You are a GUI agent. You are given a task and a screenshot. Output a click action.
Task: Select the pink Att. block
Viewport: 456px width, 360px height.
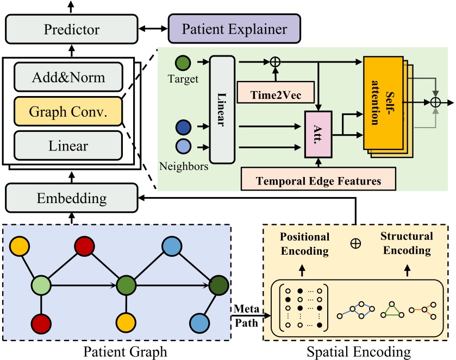click(318, 134)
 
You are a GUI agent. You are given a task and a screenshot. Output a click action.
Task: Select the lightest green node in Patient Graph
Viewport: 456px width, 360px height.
click(41, 285)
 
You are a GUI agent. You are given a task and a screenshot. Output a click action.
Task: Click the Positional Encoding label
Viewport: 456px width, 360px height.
click(305, 243)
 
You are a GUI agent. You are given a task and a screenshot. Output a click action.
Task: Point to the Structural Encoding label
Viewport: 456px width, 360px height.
click(407, 243)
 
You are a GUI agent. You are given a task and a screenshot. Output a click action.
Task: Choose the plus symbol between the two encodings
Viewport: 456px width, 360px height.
click(356, 244)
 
